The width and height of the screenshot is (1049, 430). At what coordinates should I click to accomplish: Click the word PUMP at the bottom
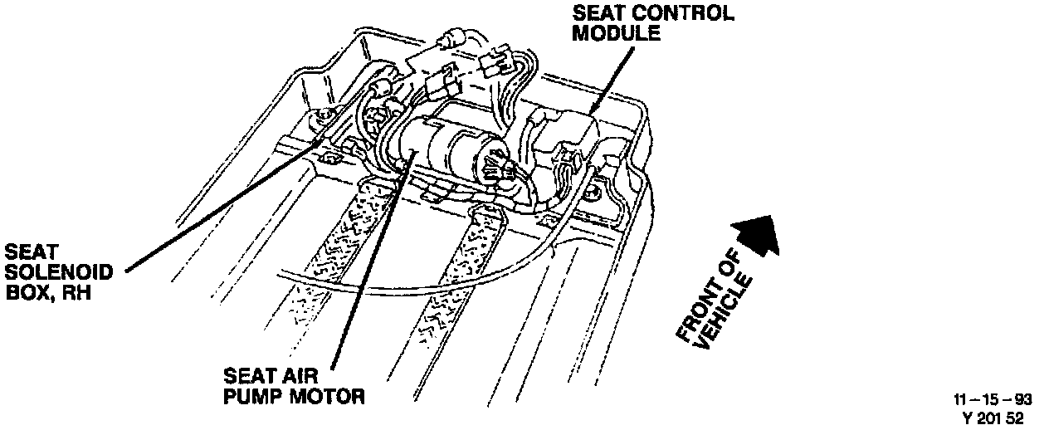click(252, 397)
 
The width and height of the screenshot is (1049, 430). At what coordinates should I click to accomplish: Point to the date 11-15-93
click(993, 400)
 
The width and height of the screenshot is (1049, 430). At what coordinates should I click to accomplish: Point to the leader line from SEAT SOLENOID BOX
click(224, 213)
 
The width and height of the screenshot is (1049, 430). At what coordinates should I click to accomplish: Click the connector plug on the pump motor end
click(496, 163)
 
